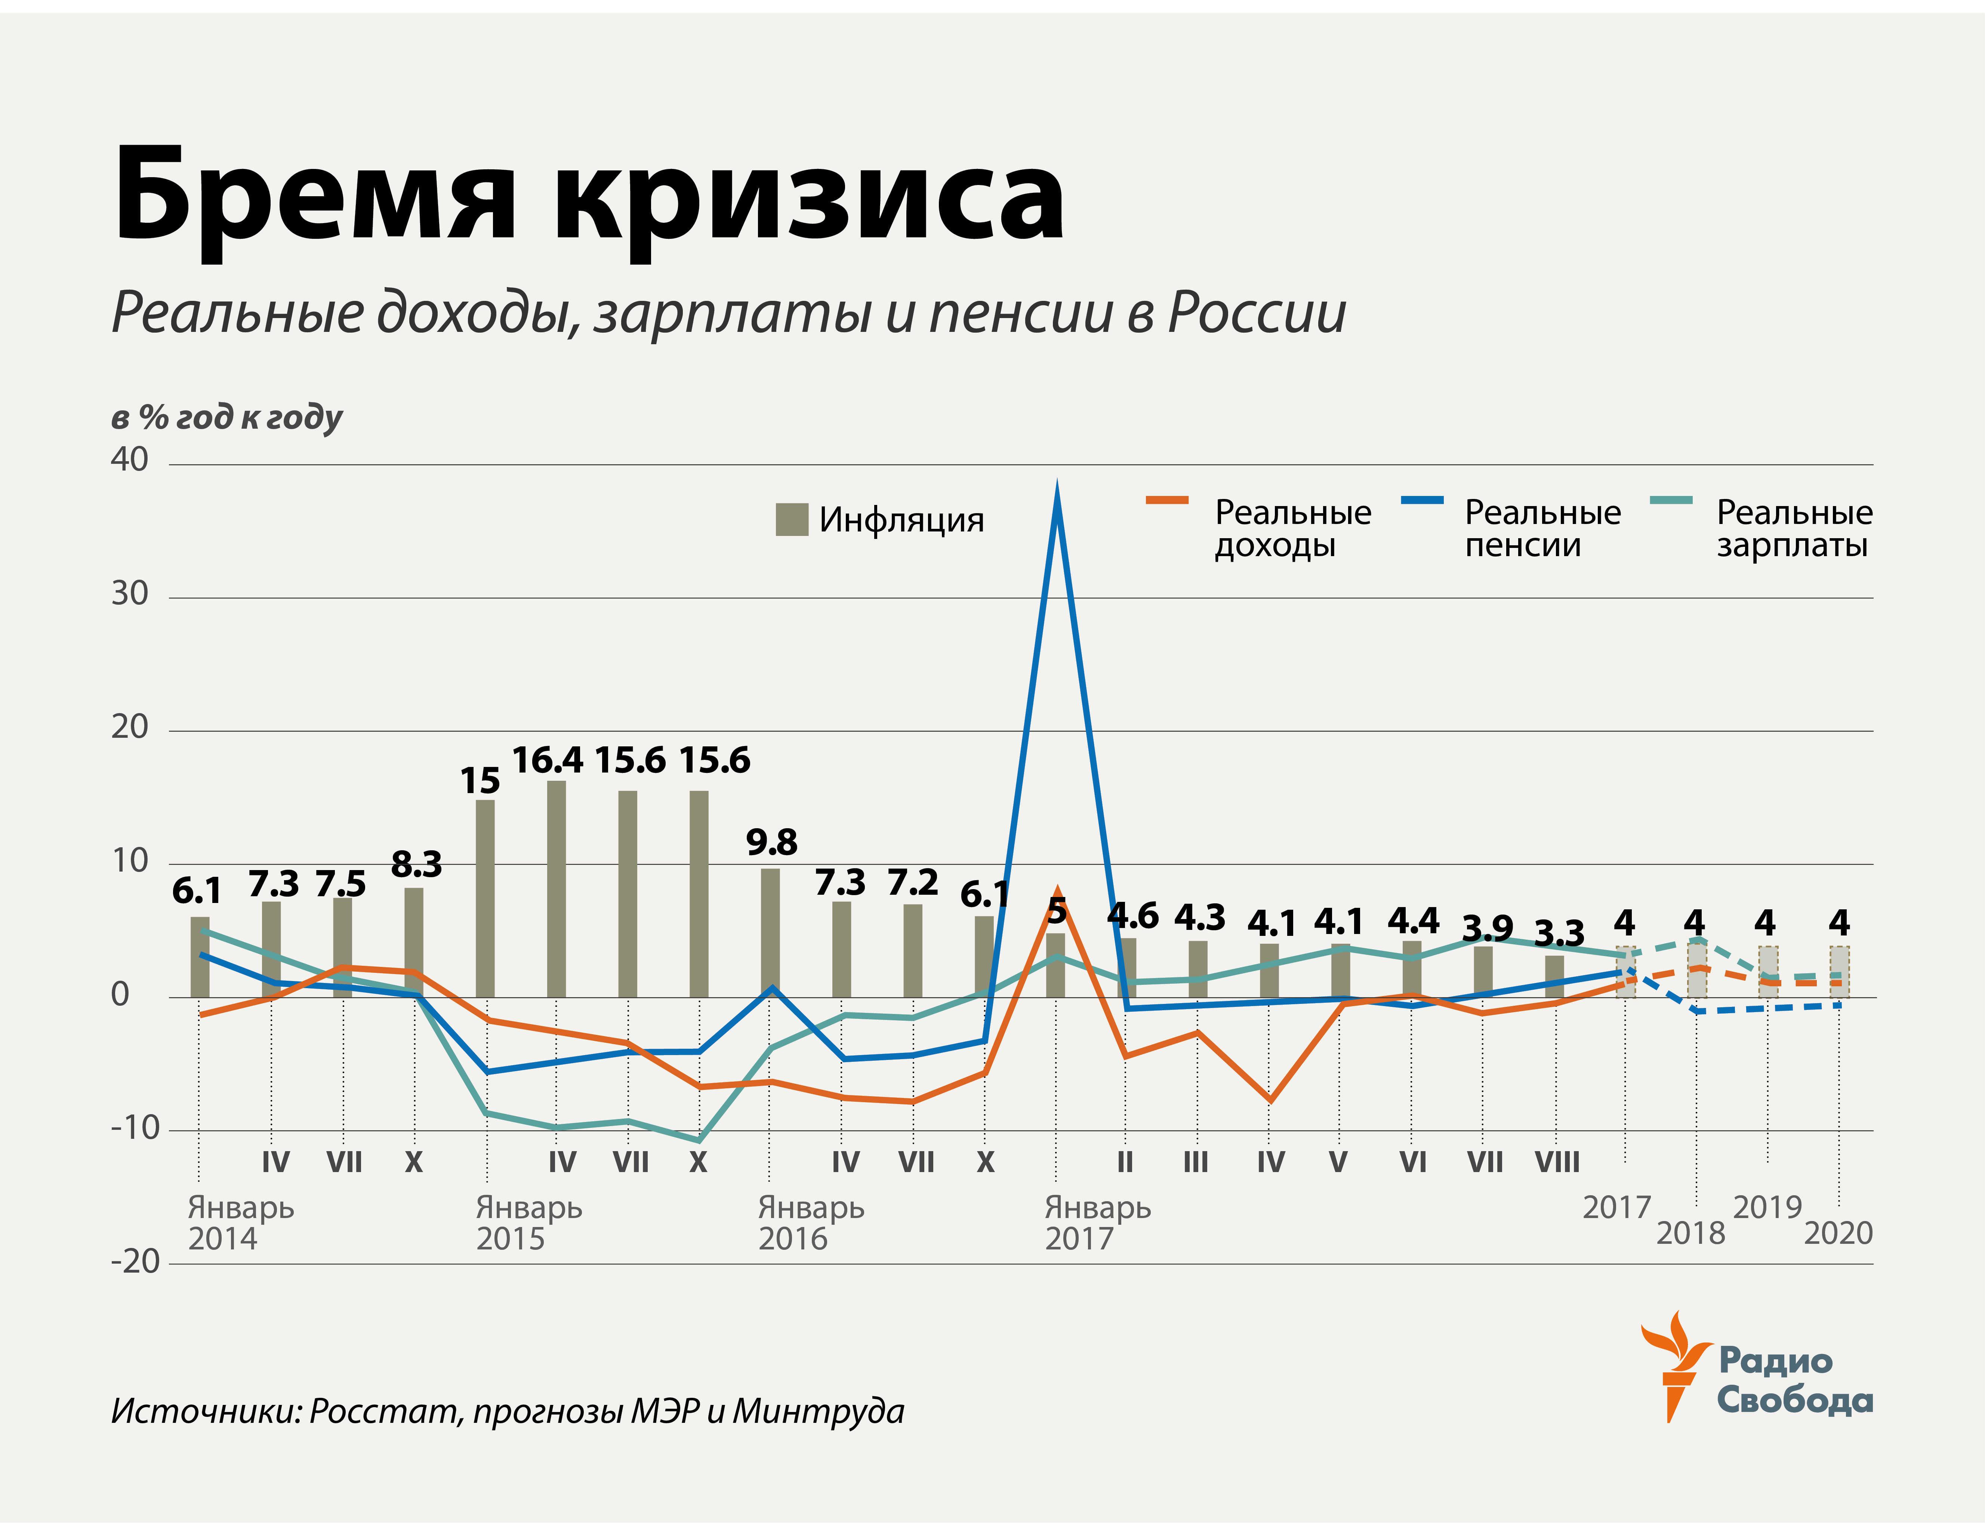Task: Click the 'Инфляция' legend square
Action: click(791, 520)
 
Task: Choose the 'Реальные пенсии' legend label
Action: click(1542, 528)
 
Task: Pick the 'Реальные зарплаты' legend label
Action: click(1793, 528)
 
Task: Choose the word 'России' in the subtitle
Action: click(1257, 312)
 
